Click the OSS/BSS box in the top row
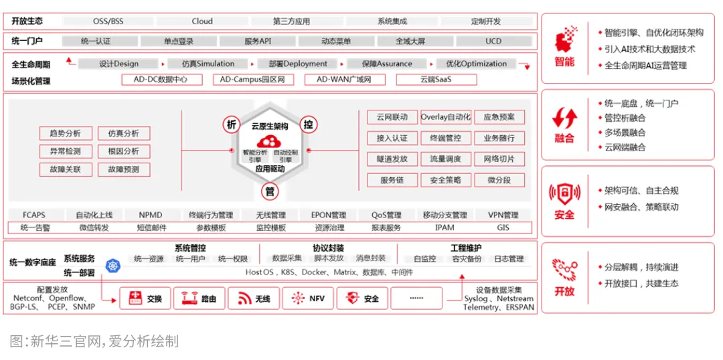tap(108, 21)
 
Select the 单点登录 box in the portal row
tap(179, 41)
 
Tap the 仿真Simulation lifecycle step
tap(208, 64)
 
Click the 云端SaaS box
tap(436, 80)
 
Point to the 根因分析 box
tap(124, 151)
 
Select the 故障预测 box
tap(124, 169)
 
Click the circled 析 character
tap(232, 124)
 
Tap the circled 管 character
tap(270, 191)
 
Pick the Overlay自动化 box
tap(446, 117)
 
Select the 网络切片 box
tap(499, 159)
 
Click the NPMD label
tap(151, 215)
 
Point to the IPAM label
tap(445, 228)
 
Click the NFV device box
tap(308, 298)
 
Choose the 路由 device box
tap(199, 298)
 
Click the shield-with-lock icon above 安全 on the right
tap(564, 193)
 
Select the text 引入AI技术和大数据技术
tap(649, 49)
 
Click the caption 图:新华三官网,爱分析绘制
tap(94, 341)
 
